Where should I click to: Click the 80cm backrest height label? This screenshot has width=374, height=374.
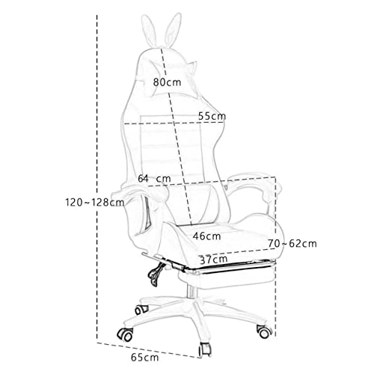[x=167, y=82]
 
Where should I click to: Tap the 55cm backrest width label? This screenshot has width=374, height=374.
[x=212, y=116]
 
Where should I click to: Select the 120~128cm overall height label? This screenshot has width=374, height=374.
[x=95, y=202]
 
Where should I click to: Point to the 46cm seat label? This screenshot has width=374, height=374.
[x=206, y=236]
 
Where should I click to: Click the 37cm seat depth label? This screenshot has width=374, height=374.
[x=214, y=260]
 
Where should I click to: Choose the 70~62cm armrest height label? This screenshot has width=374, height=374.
[x=292, y=243]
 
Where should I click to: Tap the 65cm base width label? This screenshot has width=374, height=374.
[x=145, y=358]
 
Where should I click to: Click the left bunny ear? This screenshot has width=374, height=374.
[x=148, y=31]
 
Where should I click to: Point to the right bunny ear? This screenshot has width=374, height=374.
[x=173, y=29]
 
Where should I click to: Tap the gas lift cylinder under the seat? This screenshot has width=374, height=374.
[x=191, y=292]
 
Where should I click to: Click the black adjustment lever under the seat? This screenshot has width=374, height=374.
[x=156, y=272]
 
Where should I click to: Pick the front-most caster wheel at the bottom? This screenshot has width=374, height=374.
[x=205, y=349]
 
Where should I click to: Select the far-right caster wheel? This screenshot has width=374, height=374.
[x=264, y=331]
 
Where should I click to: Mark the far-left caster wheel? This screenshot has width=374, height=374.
[x=126, y=334]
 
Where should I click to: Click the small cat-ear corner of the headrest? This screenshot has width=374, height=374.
[x=192, y=65]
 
